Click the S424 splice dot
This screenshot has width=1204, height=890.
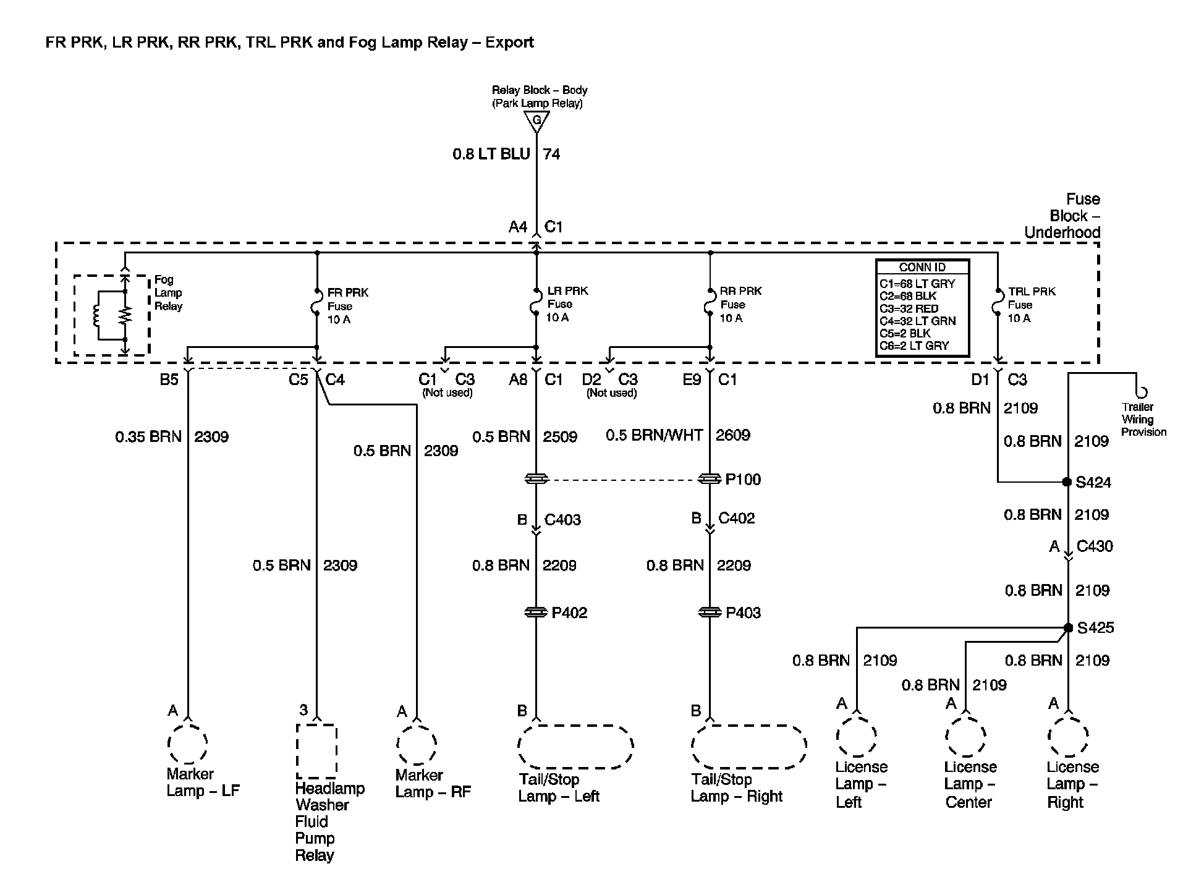[1067, 482]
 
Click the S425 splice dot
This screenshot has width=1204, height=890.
[1068, 628]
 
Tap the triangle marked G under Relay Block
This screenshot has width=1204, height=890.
[536, 121]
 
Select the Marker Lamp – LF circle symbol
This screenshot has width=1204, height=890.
[188, 743]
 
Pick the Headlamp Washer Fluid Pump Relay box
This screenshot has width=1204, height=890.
[316, 751]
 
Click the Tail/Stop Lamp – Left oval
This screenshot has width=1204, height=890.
[575, 747]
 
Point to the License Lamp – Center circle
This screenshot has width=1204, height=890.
[965, 735]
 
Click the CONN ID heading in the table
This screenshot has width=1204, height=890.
[922, 268]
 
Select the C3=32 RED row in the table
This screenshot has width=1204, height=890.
[909, 308]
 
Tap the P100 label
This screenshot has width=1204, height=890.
[743, 480]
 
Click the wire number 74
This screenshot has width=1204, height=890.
[551, 154]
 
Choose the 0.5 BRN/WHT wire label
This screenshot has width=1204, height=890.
[654, 435]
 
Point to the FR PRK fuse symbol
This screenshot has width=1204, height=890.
[317, 305]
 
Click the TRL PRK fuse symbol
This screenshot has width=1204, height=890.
[998, 304]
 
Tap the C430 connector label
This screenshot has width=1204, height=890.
[1095, 546]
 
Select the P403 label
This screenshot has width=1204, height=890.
[743, 612]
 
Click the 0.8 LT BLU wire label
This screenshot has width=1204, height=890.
[491, 154]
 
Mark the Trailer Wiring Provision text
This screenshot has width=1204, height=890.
[1143, 420]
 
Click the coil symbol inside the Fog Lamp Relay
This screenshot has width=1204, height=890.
[97, 315]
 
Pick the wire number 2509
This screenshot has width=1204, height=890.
[560, 437]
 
